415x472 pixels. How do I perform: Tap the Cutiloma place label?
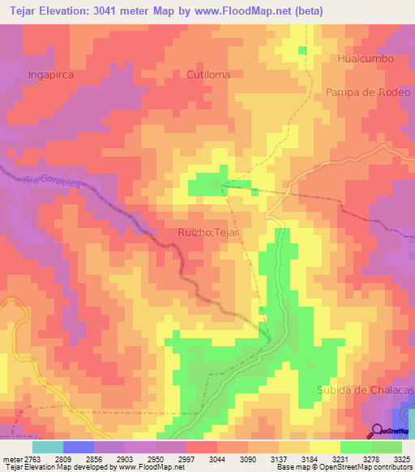[207, 74]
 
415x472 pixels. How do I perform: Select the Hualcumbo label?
[366, 59]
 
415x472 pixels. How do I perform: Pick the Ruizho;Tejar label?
[211, 233]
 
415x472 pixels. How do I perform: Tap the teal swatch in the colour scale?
[48, 447]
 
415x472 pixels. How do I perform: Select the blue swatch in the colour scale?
[79, 447]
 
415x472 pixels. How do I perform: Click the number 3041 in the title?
[126, 11]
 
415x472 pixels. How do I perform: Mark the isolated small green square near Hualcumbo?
[302, 50]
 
